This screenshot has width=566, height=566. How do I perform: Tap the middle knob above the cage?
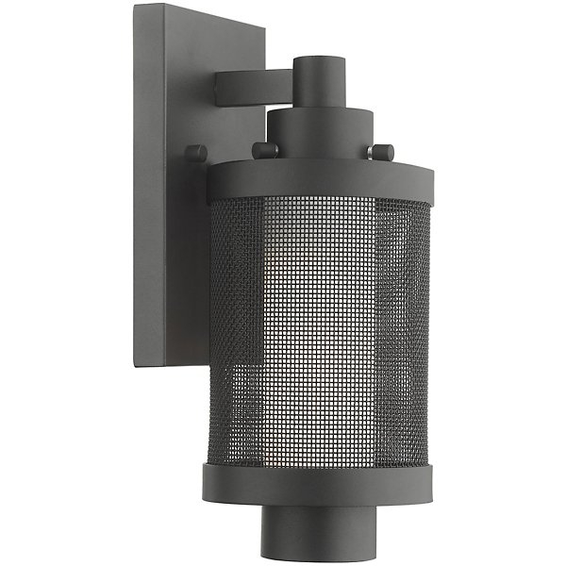pyautogui.click(x=267, y=150)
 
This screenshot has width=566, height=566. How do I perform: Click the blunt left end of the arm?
pyautogui.click(x=219, y=92)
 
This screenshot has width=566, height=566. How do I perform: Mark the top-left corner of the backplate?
pyautogui.click(x=135, y=6)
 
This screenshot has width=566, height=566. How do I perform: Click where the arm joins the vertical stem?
pyautogui.click(x=293, y=89)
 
